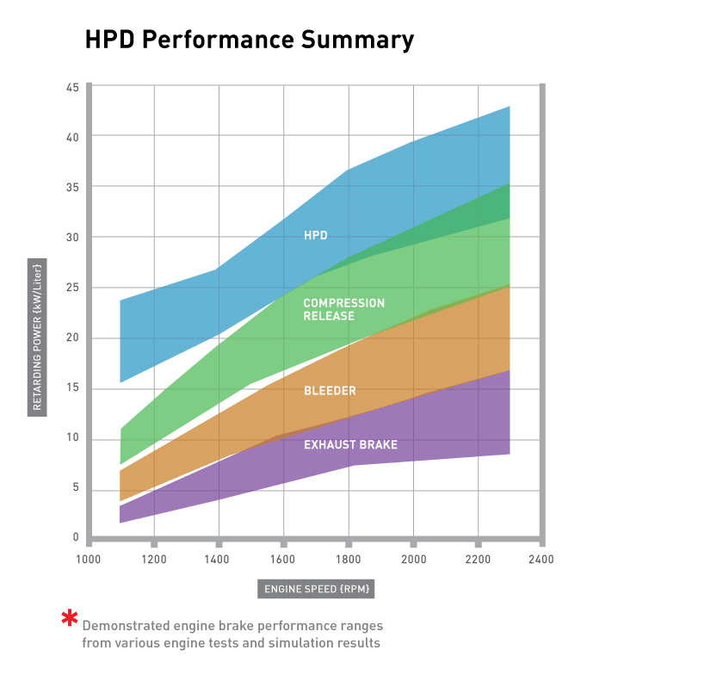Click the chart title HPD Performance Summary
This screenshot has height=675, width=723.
tap(249, 40)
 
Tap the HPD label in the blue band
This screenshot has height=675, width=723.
tap(316, 235)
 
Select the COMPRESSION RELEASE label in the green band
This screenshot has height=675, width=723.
tap(343, 310)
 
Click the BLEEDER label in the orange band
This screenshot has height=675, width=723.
tap(330, 391)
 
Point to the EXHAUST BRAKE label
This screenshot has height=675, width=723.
tap(350, 445)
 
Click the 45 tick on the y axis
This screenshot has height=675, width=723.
tap(72, 88)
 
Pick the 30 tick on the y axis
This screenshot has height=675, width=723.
tap(72, 238)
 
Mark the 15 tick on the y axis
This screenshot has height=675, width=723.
tap(72, 388)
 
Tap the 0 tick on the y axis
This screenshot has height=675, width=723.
tap(76, 538)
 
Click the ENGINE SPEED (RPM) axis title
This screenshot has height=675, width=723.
tap(315, 590)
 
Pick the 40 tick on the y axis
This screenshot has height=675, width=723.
tap(72, 138)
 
